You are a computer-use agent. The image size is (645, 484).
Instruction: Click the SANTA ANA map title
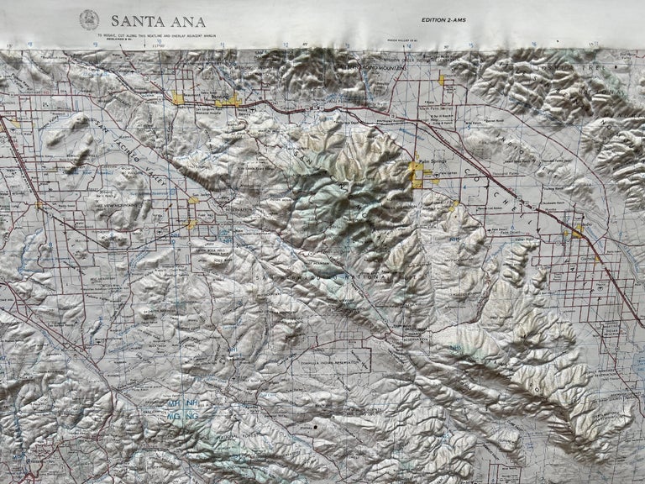[x=158, y=20]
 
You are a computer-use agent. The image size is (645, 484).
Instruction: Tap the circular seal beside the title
[x=89, y=19]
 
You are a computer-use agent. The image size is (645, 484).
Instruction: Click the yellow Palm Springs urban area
[x=417, y=175]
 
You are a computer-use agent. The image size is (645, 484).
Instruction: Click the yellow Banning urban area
[x=228, y=101]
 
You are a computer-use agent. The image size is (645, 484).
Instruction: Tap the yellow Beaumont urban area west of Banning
[x=178, y=98]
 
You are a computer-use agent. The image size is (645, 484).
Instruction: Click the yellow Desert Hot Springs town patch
[x=441, y=81]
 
